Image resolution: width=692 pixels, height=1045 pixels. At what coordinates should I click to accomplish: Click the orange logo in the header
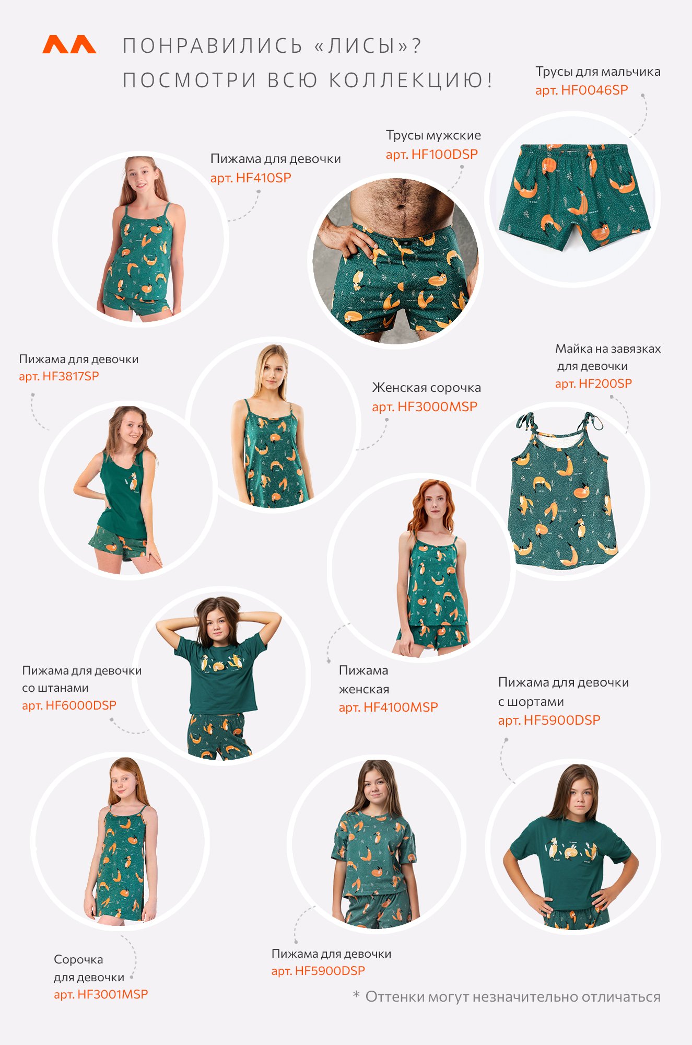69,44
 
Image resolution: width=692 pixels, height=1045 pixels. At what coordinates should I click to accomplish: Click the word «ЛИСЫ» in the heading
361,46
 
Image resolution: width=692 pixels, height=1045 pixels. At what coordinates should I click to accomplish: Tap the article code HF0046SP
594,90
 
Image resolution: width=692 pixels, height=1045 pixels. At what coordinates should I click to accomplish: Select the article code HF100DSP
444,154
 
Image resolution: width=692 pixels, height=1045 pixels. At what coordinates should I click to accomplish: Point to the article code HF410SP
263,178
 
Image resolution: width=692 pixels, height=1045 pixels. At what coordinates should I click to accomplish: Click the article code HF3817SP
71,376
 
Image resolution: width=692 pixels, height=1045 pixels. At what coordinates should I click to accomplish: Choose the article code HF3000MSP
437,407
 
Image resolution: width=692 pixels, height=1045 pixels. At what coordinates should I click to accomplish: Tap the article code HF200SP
605,384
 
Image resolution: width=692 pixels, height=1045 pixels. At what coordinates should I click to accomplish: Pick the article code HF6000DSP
81,705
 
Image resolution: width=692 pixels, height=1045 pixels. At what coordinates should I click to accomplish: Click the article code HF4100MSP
401,707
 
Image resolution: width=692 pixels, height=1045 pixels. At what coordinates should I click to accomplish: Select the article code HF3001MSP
112,994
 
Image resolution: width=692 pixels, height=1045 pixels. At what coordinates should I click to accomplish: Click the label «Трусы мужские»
433,135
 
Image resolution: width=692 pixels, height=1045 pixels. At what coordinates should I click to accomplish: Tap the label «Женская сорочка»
426,388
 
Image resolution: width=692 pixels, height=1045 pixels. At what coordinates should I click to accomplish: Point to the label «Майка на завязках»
608,349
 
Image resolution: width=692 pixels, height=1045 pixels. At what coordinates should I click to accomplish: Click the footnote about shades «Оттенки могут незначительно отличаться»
513,997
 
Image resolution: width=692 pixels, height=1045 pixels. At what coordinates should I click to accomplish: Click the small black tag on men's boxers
406,242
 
